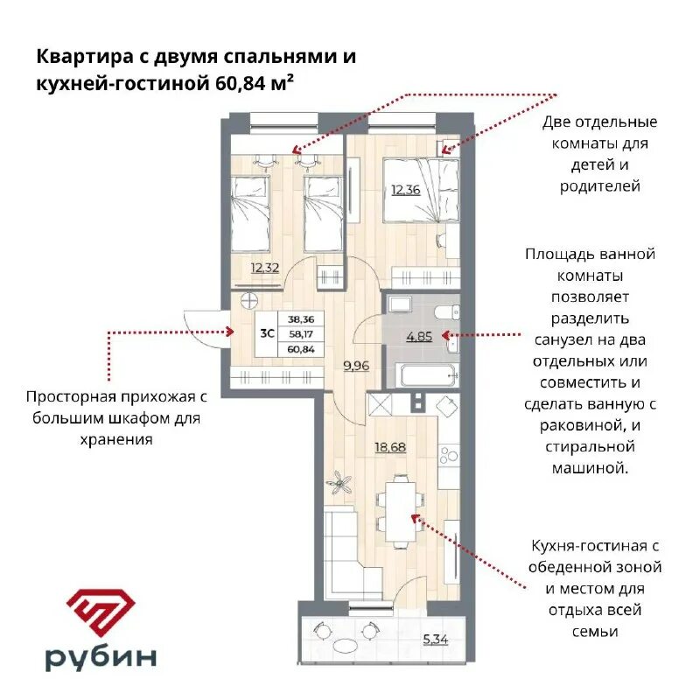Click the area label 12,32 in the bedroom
coord(265,268)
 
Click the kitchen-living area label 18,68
coord(391,447)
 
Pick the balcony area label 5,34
coord(435,639)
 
